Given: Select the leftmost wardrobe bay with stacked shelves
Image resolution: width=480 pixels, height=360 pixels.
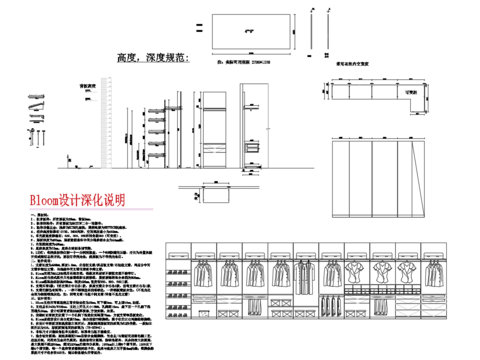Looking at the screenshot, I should coord(178,295).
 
